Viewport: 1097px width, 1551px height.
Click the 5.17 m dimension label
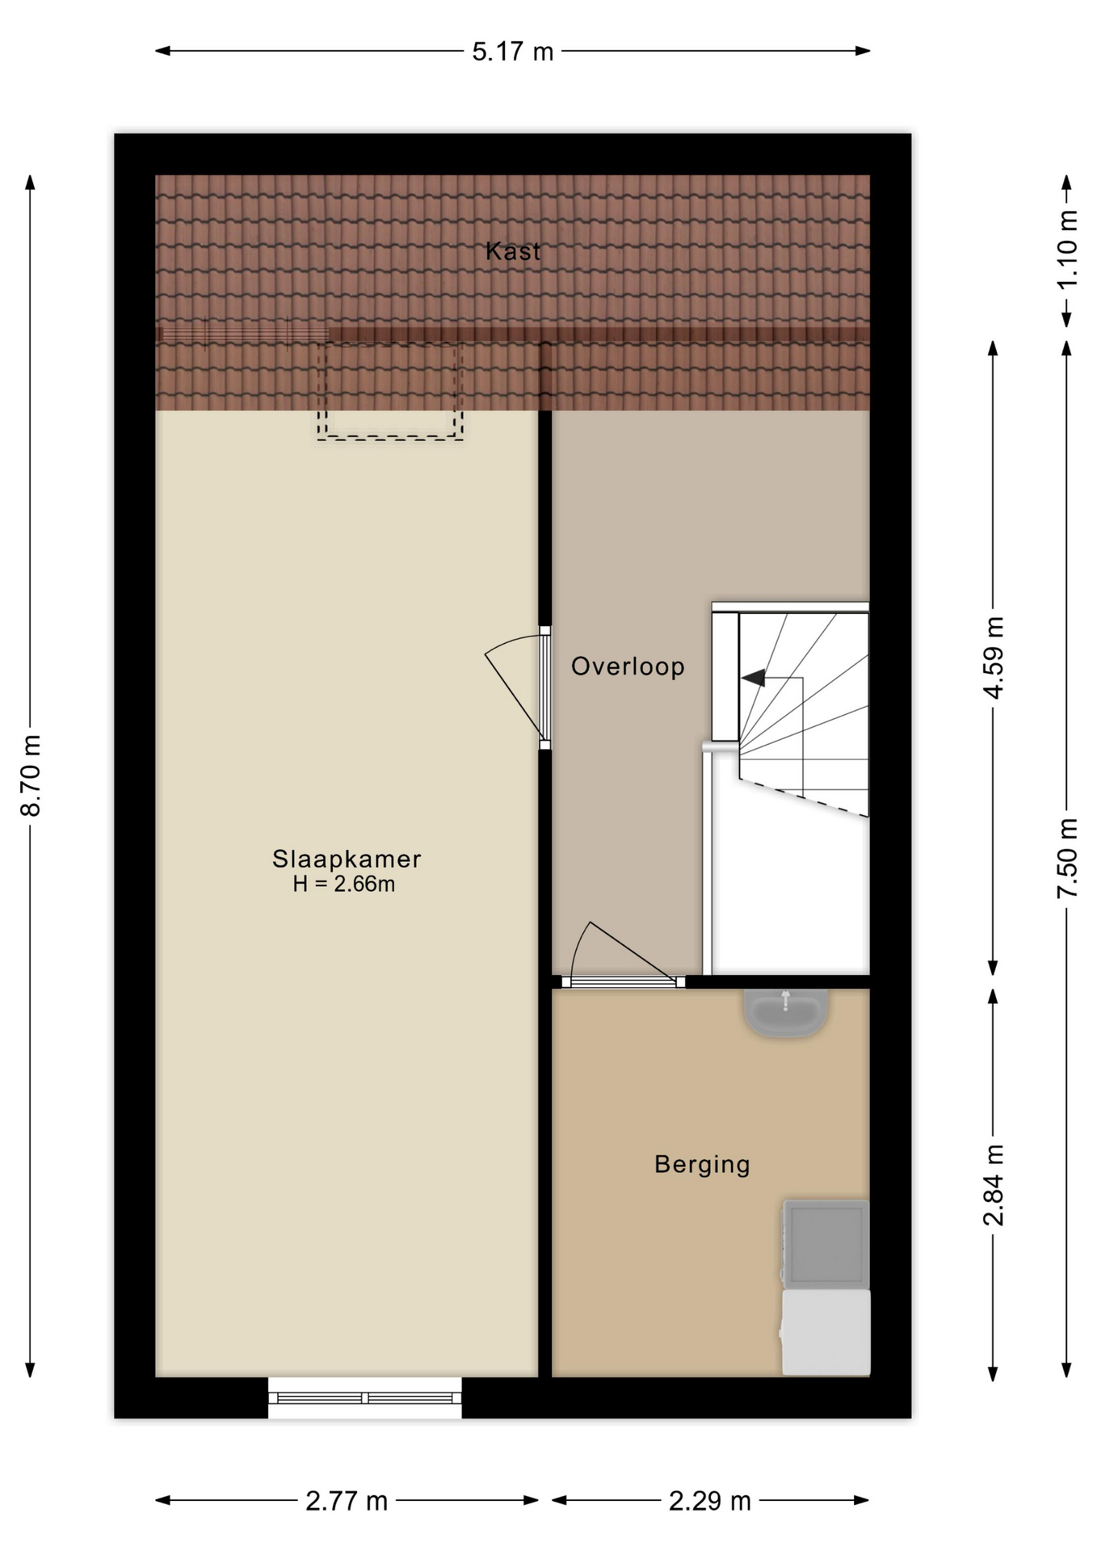point(513,52)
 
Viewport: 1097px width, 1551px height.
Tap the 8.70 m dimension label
point(31,775)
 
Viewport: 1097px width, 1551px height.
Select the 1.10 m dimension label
point(1067,249)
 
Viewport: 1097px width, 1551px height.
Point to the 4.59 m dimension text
point(994,658)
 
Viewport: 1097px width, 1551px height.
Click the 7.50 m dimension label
point(1067,858)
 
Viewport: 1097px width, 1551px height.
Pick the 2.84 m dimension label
point(994,1184)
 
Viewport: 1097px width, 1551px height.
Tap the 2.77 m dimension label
point(347,1501)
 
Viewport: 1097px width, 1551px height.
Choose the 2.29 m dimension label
point(710,1501)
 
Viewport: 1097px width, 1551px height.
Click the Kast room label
point(513,251)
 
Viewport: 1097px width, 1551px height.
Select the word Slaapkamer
point(347,858)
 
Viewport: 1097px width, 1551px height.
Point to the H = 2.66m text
point(344,884)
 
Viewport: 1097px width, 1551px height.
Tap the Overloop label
point(628,666)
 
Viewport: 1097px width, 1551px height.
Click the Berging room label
point(702,1164)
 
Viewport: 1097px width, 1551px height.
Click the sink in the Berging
point(785,1012)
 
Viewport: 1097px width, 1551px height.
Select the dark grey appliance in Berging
point(826,1244)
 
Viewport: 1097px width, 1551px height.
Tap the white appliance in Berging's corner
point(826,1332)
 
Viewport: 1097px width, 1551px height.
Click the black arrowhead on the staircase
point(753,678)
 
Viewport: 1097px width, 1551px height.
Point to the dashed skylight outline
point(390,391)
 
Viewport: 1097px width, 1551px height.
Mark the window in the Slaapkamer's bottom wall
point(365,1398)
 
